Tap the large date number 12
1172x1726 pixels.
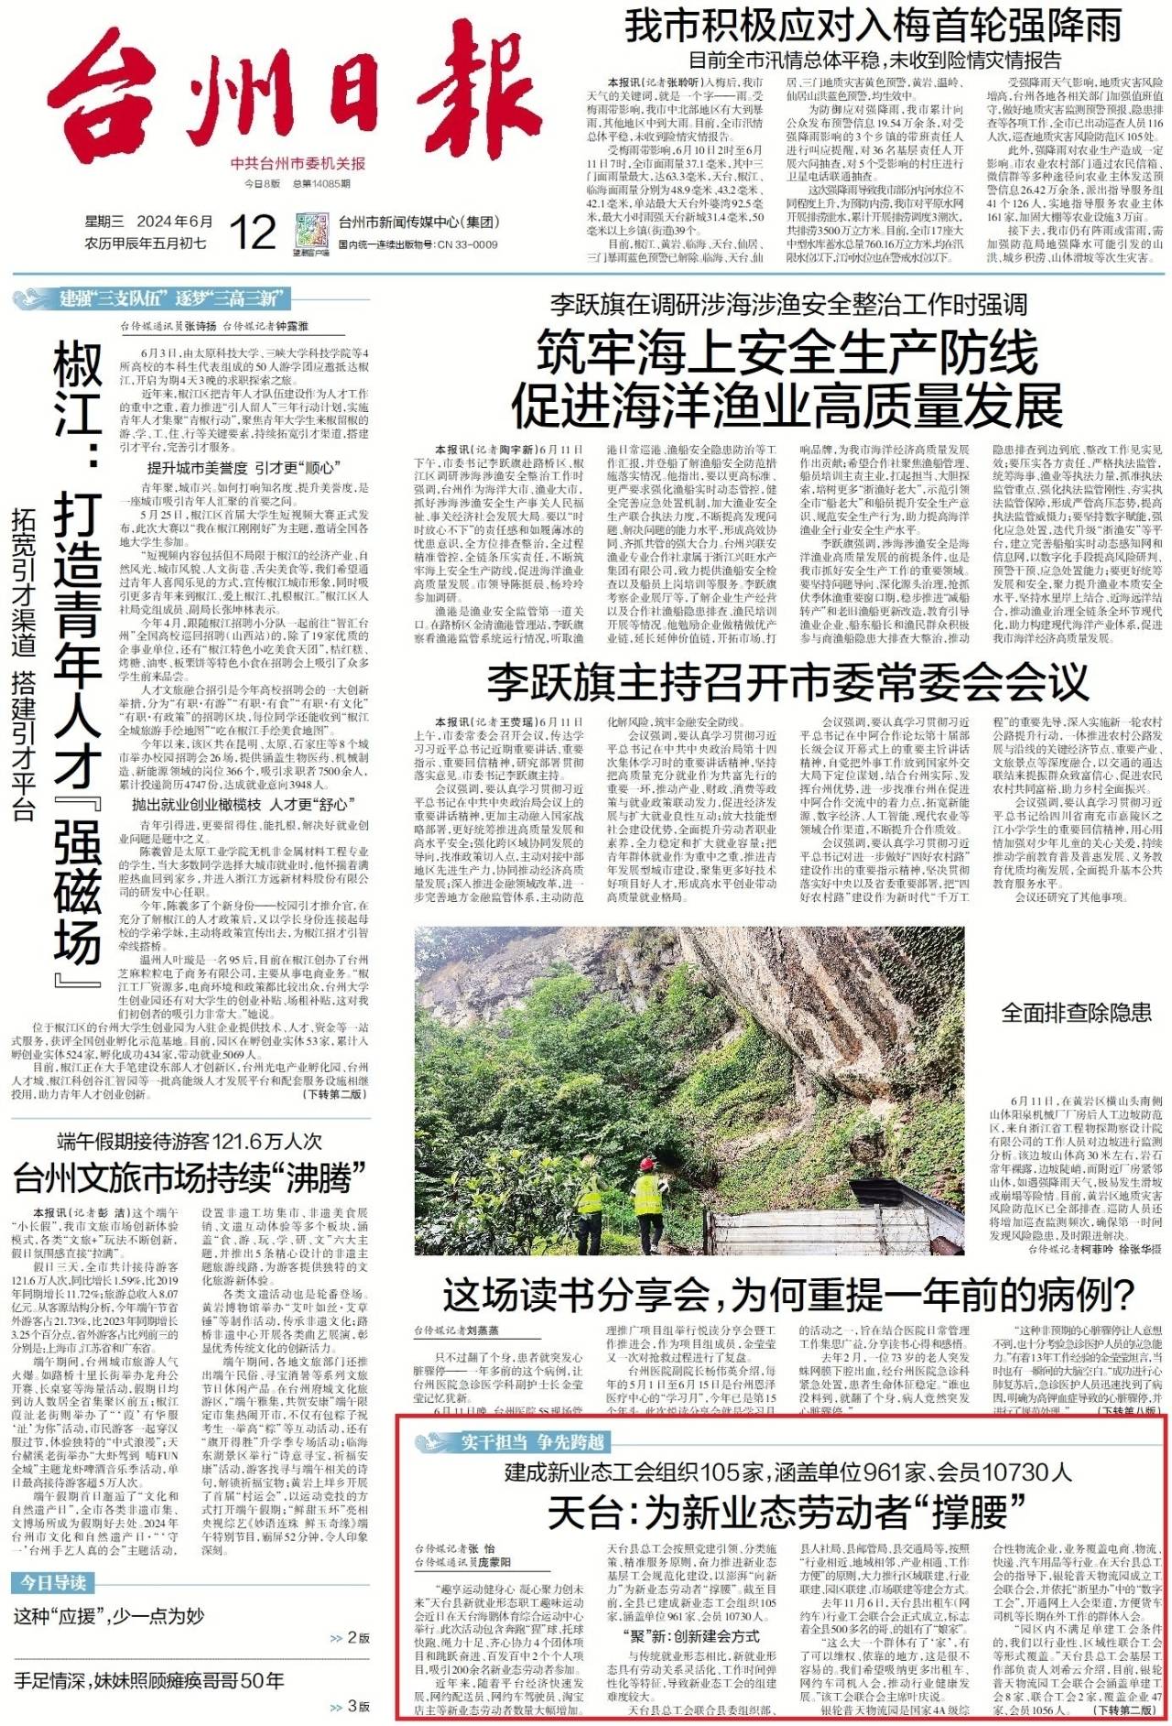[x=252, y=232]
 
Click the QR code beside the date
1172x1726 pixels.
[x=311, y=231]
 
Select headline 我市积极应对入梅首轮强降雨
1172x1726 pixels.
[x=873, y=27]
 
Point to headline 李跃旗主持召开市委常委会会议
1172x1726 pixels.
[x=787, y=681]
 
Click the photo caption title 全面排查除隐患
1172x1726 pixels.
[x=1076, y=1012]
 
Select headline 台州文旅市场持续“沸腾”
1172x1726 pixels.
[x=190, y=1177]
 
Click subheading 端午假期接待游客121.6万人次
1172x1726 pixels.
[x=190, y=1141]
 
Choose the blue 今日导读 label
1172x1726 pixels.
[x=53, y=1582]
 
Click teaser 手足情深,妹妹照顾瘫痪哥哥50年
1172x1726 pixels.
[x=148, y=1680]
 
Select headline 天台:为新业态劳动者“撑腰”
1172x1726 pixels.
[x=786, y=1512]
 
